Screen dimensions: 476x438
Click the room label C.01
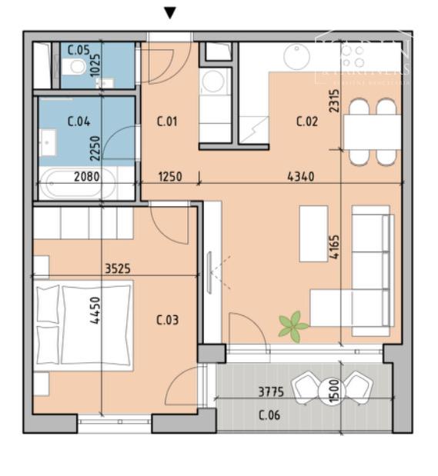tap(167, 121)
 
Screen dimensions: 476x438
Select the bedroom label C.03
tap(167, 320)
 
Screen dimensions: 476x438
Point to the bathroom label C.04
tap(78, 121)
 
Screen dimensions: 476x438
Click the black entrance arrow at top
tap(170, 13)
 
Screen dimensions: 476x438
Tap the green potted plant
tap(293, 327)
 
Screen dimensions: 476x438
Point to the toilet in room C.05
tap(75, 68)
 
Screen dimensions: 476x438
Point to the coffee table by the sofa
tap(313, 233)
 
